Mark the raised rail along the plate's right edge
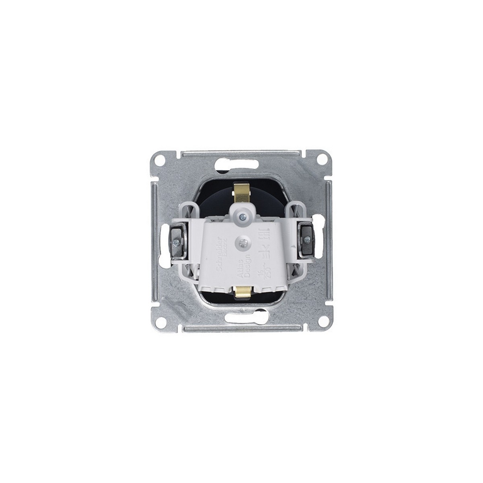click(329, 242)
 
